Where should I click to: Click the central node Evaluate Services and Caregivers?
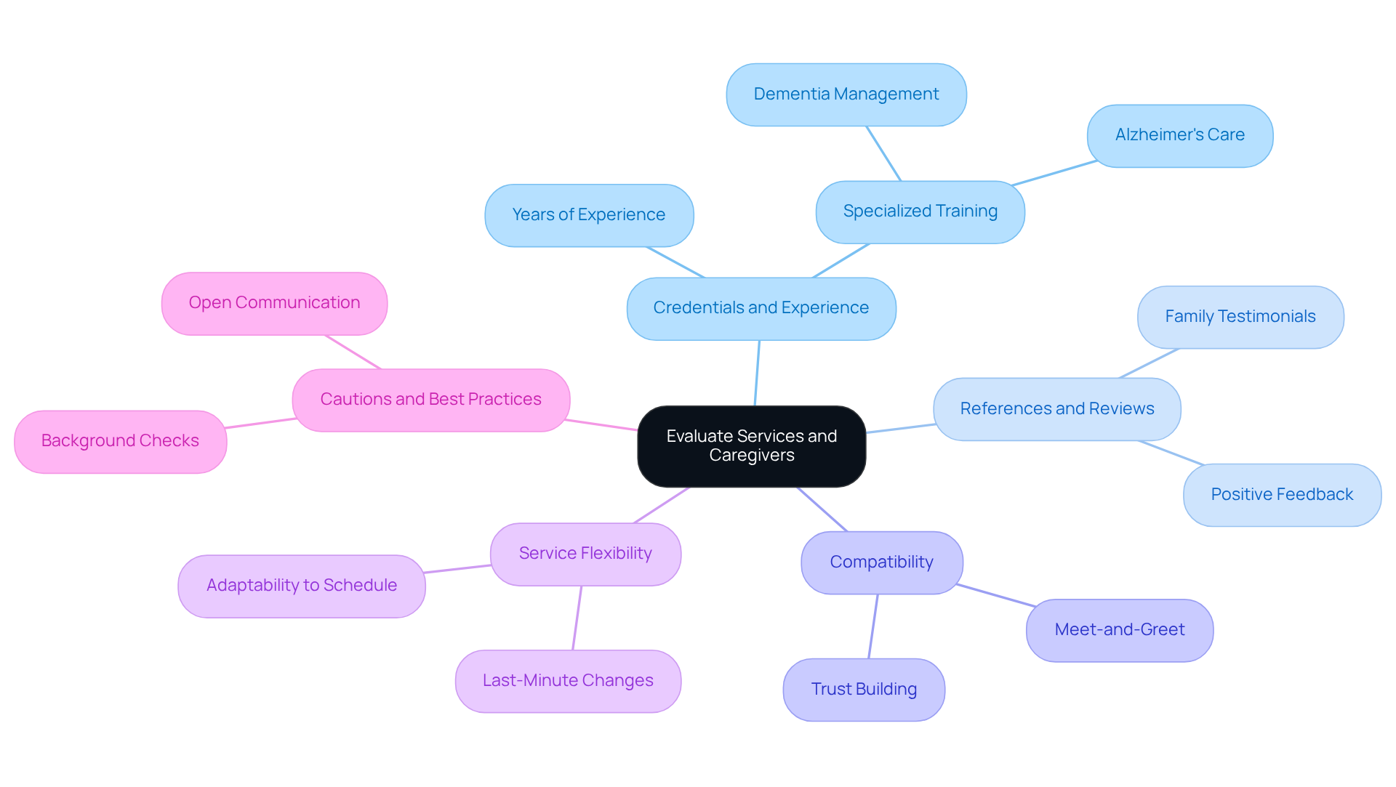751,445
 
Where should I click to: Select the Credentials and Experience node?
761,308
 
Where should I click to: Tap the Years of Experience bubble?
589,215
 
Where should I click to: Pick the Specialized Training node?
920,211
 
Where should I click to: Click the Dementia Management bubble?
846,94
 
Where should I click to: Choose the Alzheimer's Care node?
1179,135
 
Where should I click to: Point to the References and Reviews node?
1056,408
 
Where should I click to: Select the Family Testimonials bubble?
1240,317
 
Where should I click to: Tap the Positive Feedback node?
1281,495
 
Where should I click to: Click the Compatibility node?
881,562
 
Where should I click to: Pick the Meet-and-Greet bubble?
1119,630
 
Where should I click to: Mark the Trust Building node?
864,690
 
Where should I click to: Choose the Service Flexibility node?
585,554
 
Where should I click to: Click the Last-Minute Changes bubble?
568,681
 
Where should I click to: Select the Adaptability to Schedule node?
302,586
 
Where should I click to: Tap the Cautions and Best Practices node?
430,400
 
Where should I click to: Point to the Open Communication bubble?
274,303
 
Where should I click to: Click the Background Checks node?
120,441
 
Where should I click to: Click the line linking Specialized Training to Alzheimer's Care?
1054,173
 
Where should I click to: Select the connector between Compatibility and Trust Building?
873,626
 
